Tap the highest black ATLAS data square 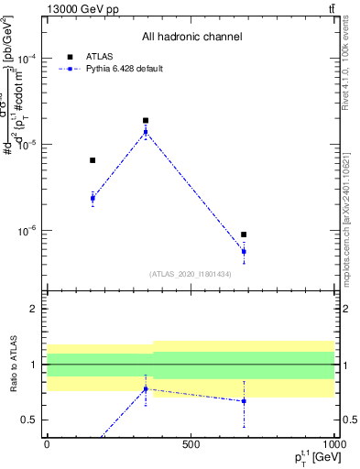(x=146, y=120)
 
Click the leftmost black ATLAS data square (x=93, y=160)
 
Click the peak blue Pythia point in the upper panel (x=146, y=132)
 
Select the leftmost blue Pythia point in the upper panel (x=93, y=198)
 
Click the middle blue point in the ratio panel (x=146, y=389)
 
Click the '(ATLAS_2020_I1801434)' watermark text (x=191, y=273)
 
